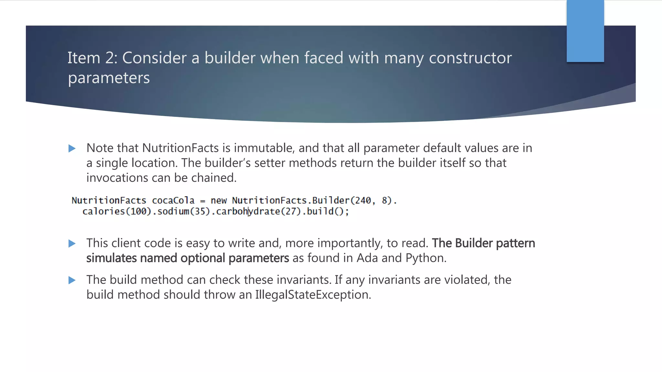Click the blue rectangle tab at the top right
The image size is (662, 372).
(x=585, y=31)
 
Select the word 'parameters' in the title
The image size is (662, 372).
(x=109, y=78)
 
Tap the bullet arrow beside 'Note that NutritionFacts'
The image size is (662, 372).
(x=72, y=149)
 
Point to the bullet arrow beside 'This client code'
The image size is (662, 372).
(x=72, y=243)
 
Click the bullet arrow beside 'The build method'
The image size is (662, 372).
(x=72, y=280)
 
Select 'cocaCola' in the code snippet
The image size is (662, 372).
(x=173, y=201)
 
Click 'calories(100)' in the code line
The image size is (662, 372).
(x=117, y=212)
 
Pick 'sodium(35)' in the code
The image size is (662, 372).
(x=184, y=212)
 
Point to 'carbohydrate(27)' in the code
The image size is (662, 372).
(x=258, y=212)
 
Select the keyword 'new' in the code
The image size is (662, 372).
(x=219, y=201)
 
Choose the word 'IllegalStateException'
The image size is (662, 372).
(x=313, y=295)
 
